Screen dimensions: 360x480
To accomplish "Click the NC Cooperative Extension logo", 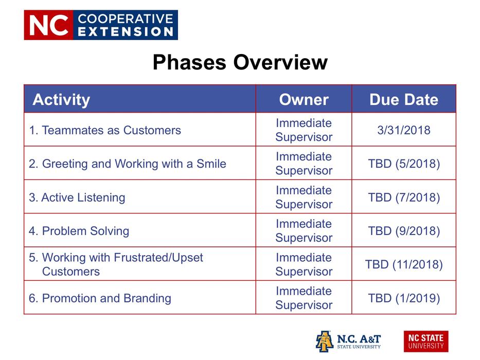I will click(x=101, y=25).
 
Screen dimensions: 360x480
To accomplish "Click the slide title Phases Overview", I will click(x=240, y=62).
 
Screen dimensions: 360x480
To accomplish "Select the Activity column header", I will click(x=61, y=99).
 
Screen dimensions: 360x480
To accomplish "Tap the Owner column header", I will click(x=304, y=99).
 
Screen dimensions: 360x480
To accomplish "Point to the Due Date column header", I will click(x=403, y=99).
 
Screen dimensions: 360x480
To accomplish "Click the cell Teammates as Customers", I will click(x=105, y=130).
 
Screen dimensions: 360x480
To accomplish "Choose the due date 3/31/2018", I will click(x=403, y=130).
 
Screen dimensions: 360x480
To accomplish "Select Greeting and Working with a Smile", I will click(x=127, y=164).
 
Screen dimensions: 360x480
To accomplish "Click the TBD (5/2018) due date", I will click(x=403, y=164).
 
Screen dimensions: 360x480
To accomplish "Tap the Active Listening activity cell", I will click(x=77, y=197).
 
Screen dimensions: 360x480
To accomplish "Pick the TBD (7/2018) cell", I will click(x=403, y=197).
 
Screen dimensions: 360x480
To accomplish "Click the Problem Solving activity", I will click(x=79, y=231).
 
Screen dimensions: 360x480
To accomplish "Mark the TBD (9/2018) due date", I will click(x=403, y=231).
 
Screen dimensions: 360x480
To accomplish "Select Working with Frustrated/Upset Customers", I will click(x=116, y=264).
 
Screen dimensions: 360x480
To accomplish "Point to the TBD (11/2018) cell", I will click(x=403, y=264).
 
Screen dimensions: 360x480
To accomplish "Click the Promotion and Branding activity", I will click(x=100, y=298).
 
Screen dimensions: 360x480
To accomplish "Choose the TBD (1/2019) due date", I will click(x=403, y=298).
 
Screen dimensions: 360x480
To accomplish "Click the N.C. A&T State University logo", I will click(x=348, y=341).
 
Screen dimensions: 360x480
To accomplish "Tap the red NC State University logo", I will click(x=425, y=341).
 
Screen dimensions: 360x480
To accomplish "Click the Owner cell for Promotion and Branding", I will click(x=304, y=298).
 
